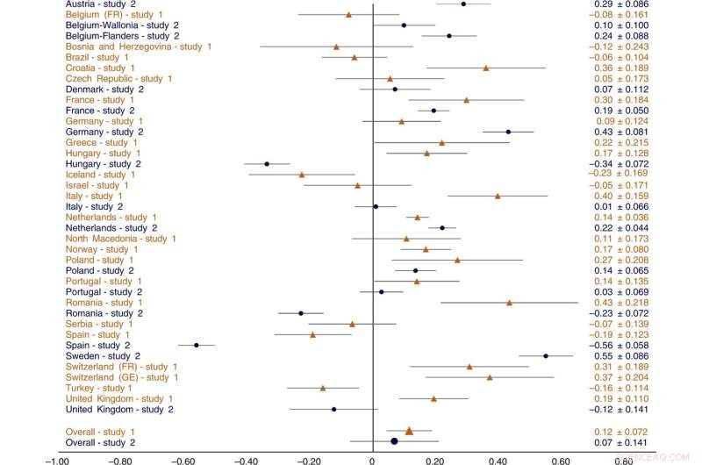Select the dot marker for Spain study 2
coord(196,346)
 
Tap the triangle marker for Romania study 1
coord(509,303)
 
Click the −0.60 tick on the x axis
coord(183,457)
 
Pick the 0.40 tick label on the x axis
coord(498,457)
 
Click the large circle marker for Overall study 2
coord(395,441)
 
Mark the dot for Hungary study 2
coord(267,164)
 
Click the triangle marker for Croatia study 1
coord(486,68)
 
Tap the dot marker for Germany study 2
coord(508,132)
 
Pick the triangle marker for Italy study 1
coord(498,196)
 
